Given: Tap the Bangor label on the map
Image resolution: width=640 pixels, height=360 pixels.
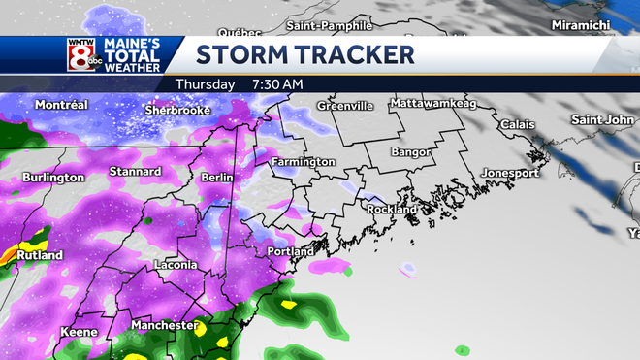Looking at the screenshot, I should pos(411,152).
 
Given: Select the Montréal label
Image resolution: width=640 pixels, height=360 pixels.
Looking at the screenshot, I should pos(61,105).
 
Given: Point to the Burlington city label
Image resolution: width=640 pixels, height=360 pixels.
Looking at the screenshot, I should pos(53,178).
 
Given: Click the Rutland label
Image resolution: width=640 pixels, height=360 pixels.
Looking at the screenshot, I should pos(40,255).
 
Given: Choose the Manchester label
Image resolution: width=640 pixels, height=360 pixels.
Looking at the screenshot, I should pos(164,325).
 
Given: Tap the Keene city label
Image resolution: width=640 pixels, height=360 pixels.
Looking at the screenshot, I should pos(79,332).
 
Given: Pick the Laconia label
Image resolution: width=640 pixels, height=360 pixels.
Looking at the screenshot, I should pos(176,265).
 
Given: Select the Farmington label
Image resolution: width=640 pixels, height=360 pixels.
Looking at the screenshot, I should pos(303,161).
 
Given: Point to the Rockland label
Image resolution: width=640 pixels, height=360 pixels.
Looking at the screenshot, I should pos(392,209).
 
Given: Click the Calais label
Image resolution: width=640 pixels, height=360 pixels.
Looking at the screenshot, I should pos(517,125).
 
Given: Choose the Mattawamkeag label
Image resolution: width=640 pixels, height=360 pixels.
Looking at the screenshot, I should pos(435,103).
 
